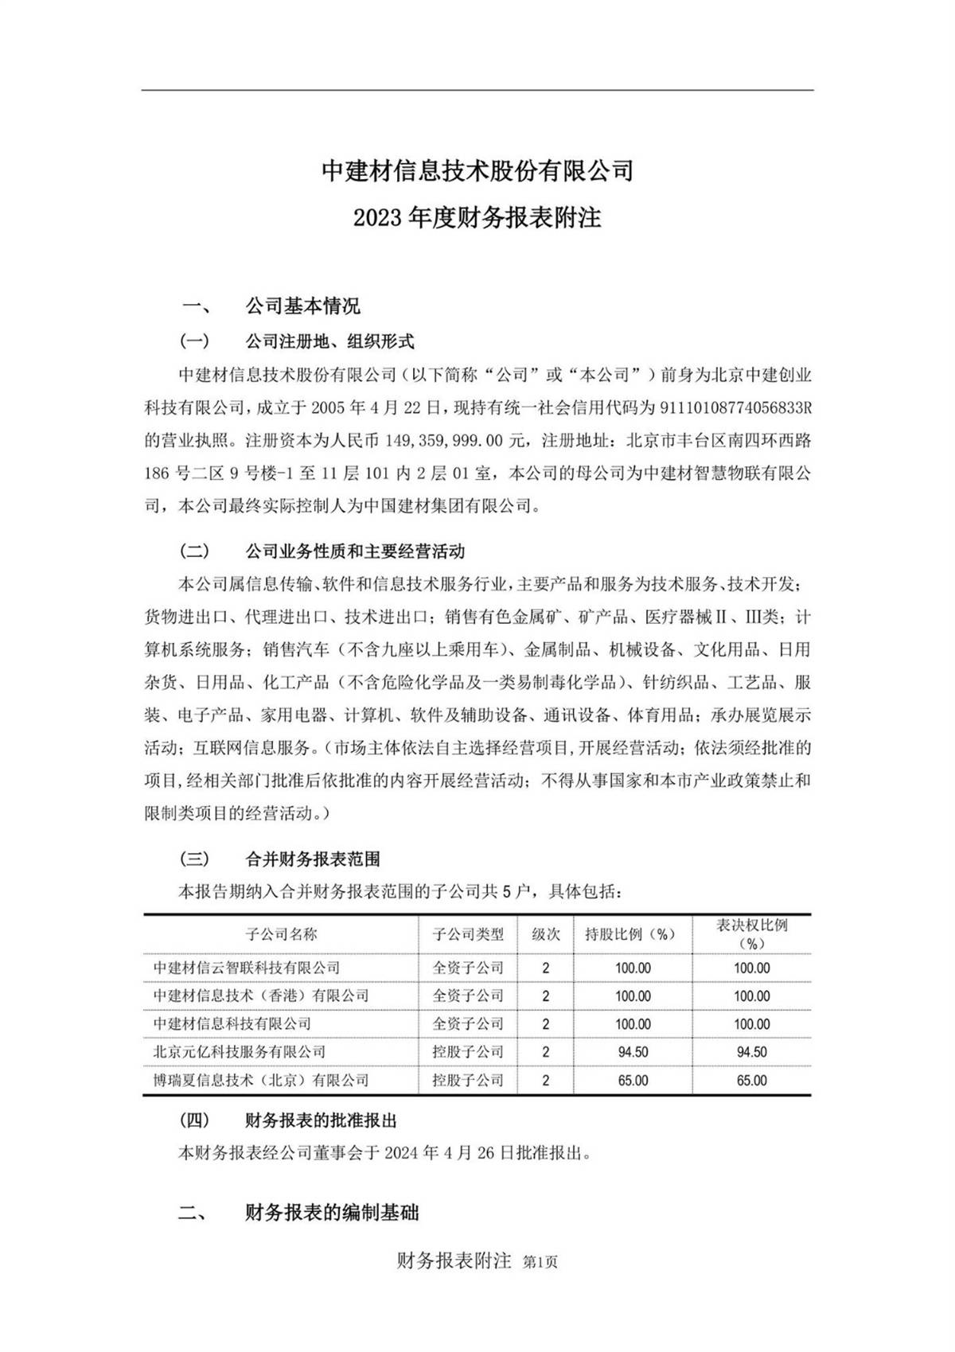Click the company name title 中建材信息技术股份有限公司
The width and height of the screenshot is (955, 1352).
point(477,170)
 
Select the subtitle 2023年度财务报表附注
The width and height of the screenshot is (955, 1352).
point(477,217)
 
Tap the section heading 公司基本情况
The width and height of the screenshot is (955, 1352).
point(302,306)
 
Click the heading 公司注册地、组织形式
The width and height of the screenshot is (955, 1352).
point(329,342)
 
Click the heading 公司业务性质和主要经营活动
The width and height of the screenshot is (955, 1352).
point(355,551)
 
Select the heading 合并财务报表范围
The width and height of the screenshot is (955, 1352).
point(313,859)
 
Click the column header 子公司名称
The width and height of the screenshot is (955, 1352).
point(281,934)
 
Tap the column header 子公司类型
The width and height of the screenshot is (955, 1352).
point(468,934)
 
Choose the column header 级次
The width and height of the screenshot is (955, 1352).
point(545,934)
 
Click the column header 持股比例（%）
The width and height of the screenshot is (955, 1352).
point(631,934)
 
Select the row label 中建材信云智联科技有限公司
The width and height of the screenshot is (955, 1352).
point(247,968)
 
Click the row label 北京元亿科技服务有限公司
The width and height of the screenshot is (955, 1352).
point(240,1052)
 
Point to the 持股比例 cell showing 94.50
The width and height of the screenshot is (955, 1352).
point(633,1052)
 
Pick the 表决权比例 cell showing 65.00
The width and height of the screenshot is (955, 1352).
point(751,1081)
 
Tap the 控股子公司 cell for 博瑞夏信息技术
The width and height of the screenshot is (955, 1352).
point(468,1081)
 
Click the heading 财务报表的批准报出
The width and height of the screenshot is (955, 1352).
point(321,1120)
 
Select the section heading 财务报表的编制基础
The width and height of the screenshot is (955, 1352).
point(332,1213)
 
